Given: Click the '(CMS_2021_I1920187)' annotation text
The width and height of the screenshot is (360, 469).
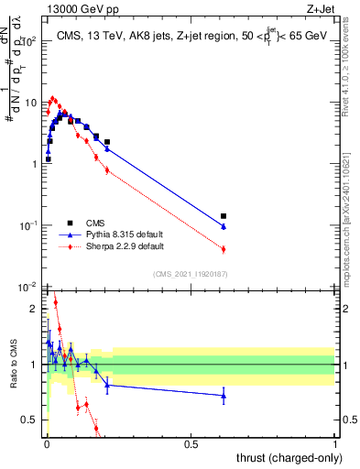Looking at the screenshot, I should click(190, 273).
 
